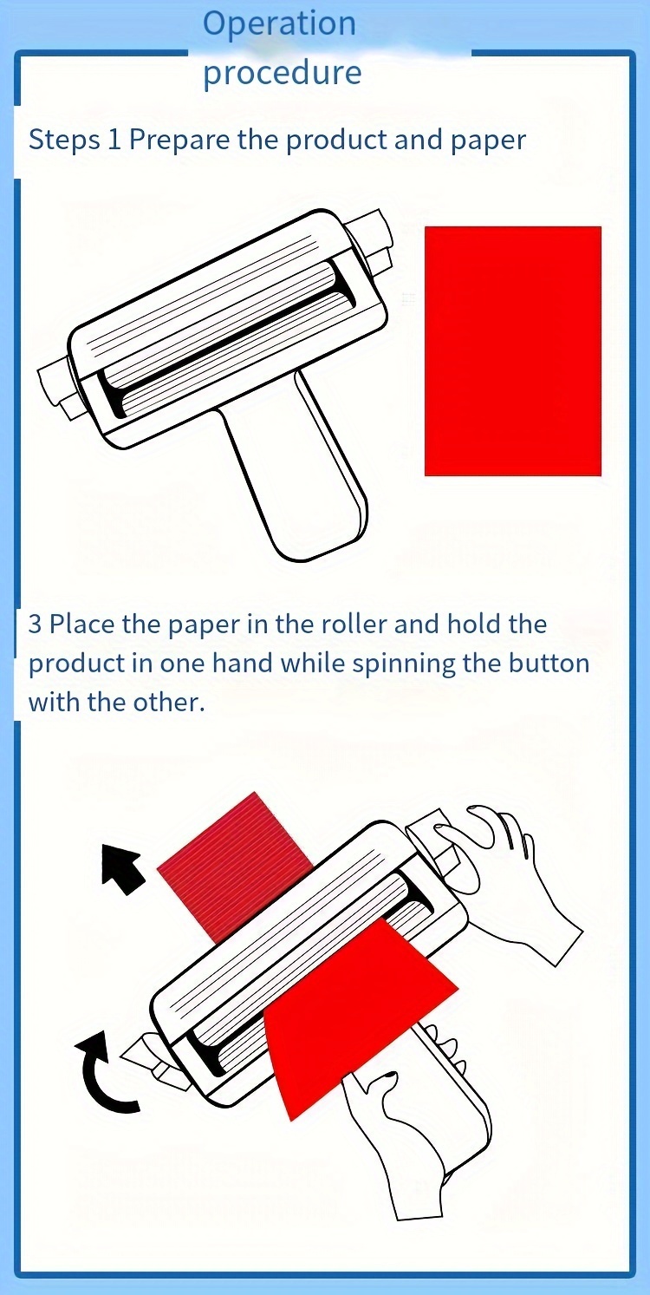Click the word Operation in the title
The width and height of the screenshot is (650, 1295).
(x=279, y=23)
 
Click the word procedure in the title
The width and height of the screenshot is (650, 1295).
(x=282, y=73)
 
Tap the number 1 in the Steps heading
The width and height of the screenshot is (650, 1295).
(x=114, y=140)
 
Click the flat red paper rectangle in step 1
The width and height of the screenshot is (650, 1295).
(x=512, y=350)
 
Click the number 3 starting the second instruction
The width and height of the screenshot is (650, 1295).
(x=35, y=625)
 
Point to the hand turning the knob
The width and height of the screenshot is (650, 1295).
(x=511, y=876)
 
